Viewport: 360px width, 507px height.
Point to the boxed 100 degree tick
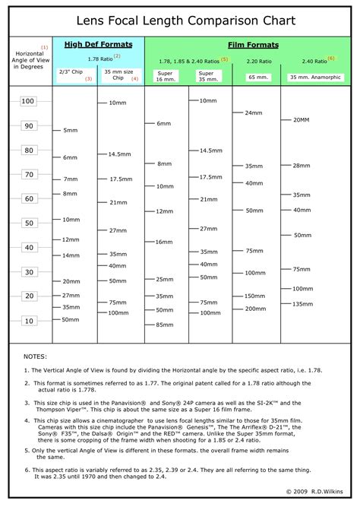pyautogui.click(x=28, y=101)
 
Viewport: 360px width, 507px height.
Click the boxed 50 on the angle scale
pyautogui.click(x=28, y=223)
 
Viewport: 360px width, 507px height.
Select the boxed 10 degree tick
pyautogui.click(x=28, y=321)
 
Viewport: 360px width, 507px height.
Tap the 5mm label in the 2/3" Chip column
pyautogui.click(x=71, y=131)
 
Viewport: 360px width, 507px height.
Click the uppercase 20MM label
pyautogui.click(x=301, y=119)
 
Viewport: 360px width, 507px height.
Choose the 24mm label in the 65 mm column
pyautogui.click(x=254, y=112)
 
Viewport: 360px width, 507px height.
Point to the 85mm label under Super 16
pyautogui.click(x=165, y=325)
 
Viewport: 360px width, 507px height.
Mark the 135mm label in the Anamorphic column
pyautogui.click(x=302, y=303)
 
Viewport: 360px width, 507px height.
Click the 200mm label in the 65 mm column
pyautogui.click(x=255, y=309)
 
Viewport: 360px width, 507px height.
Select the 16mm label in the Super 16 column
pyautogui.click(x=164, y=242)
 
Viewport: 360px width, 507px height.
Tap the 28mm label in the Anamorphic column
pyautogui.click(x=302, y=165)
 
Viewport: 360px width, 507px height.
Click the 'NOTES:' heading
pyautogui.click(x=35, y=356)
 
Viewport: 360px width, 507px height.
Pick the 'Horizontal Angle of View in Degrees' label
pyautogui.click(x=28, y=61)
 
